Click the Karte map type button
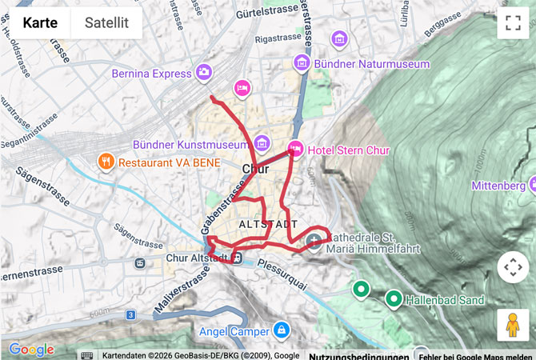click(x=40, y=22)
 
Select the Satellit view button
click(x=106, y=22)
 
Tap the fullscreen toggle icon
click(x=513, y=22)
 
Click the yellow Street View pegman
click(x=513, y=325)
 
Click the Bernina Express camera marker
click(x=204, y=72)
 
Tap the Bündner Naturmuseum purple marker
click(x=302, y=61)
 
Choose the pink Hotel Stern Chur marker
click(x=295, y=149)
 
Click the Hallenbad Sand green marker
click(x=393, y=299)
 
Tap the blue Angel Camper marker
click(x=281, y=329)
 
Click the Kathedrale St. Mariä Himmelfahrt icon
click(x=314, y=240)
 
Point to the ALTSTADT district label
click(x=268, y=225)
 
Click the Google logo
click(x=31, y=350)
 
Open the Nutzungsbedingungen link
click(x=358, y=355)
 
